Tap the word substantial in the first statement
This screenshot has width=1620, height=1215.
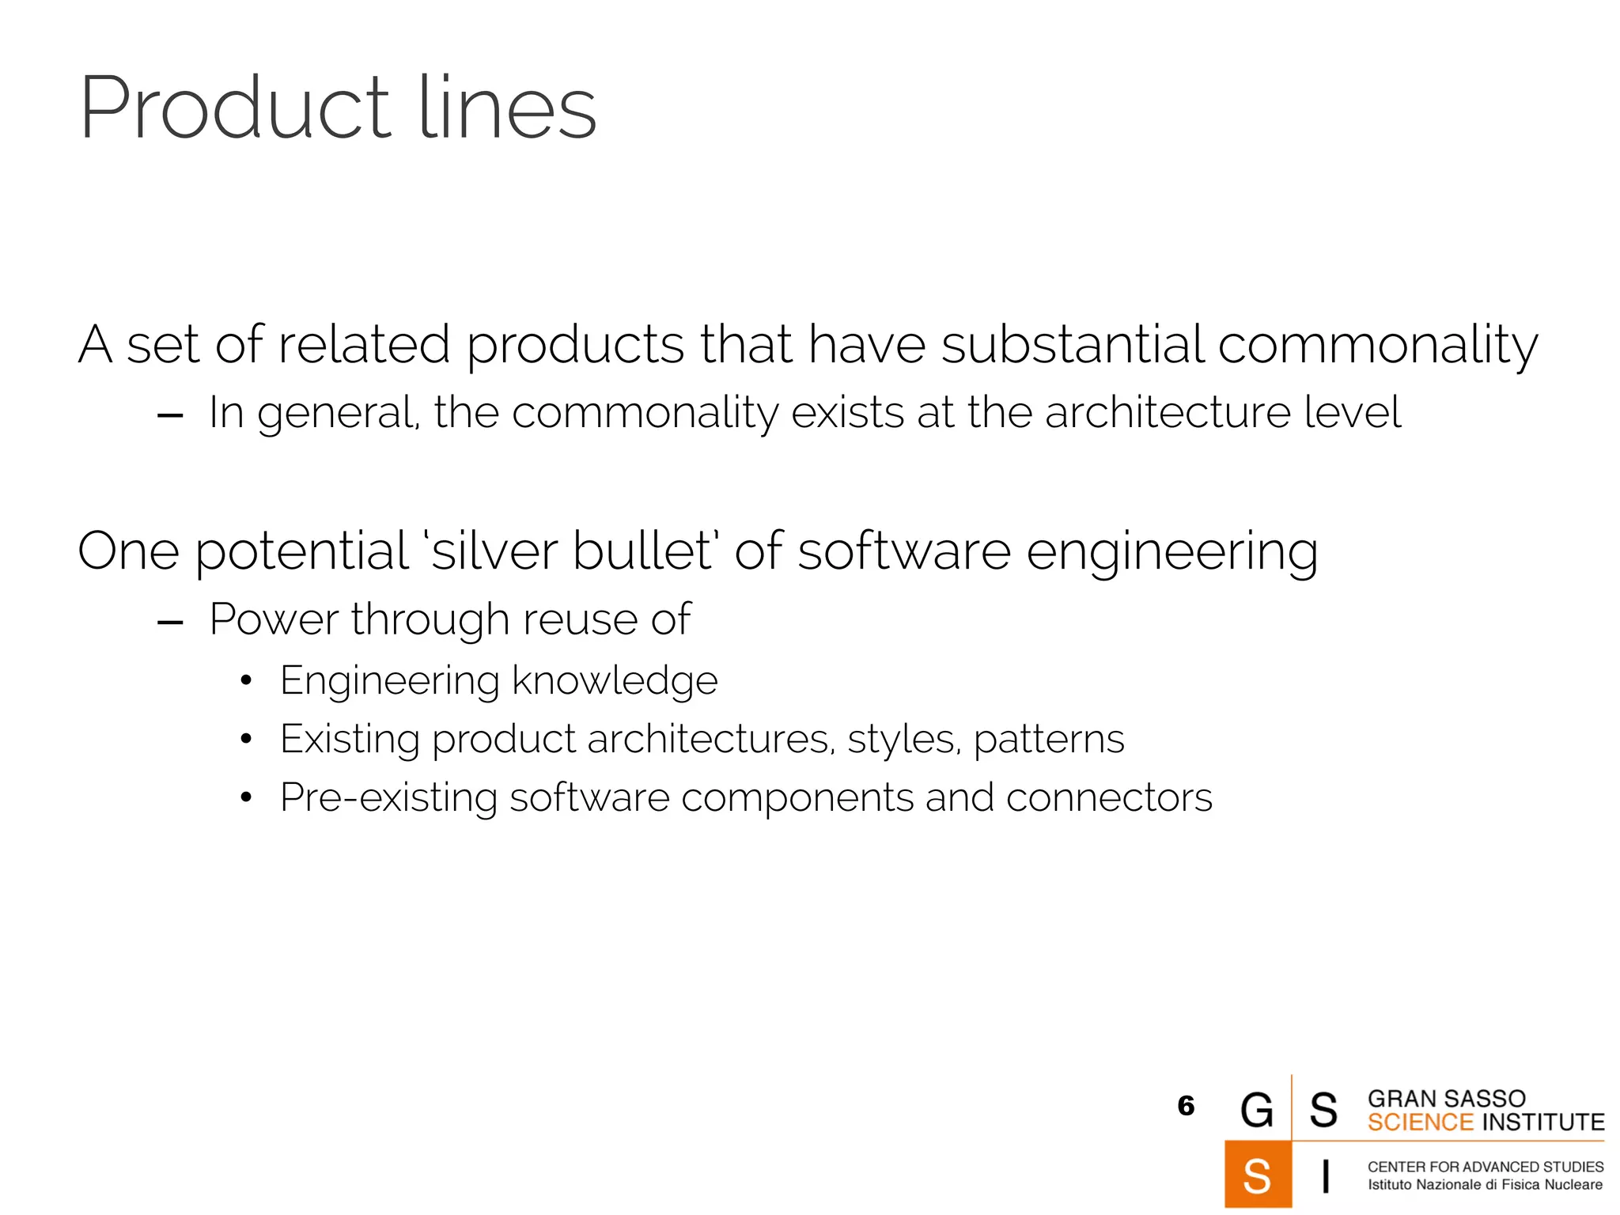tap(1071, 345)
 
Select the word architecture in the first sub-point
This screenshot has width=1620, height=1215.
tap(1168, 413)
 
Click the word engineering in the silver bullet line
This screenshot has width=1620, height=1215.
tap(1172, 552)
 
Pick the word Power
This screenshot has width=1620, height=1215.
tap(274, 619)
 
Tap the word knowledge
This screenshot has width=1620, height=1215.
tap(615, 680)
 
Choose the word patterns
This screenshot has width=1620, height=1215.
tap(1049, 740)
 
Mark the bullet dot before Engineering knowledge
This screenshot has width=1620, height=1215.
tap(246, 681)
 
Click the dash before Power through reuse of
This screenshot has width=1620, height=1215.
tap(170, 623)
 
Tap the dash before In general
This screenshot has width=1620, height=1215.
tap(170, 415)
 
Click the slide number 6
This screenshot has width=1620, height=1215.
tap(1185, 1105)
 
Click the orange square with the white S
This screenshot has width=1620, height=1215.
tap(1257, 1174)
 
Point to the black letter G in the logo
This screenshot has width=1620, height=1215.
tap(1257, 1109)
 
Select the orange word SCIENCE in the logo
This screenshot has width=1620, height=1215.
tap(1421, 1122)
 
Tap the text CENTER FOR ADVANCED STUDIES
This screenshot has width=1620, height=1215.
tap(1485, 1167)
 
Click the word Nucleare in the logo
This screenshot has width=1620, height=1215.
tap(1573, 1185)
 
